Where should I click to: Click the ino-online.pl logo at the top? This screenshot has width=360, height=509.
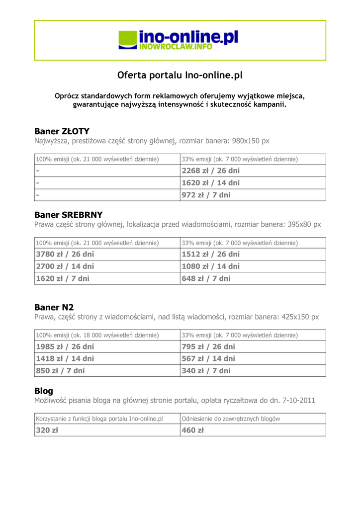point(179,40)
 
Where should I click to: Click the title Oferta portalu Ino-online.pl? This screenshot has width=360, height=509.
point(180,76)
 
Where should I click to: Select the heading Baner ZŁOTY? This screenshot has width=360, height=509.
point(62,131)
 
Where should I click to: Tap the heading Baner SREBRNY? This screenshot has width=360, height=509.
point(68,215)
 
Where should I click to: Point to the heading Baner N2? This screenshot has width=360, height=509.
point(54,307)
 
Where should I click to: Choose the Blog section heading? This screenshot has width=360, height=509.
point(44,391)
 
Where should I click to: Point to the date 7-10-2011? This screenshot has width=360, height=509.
point(298,400)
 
